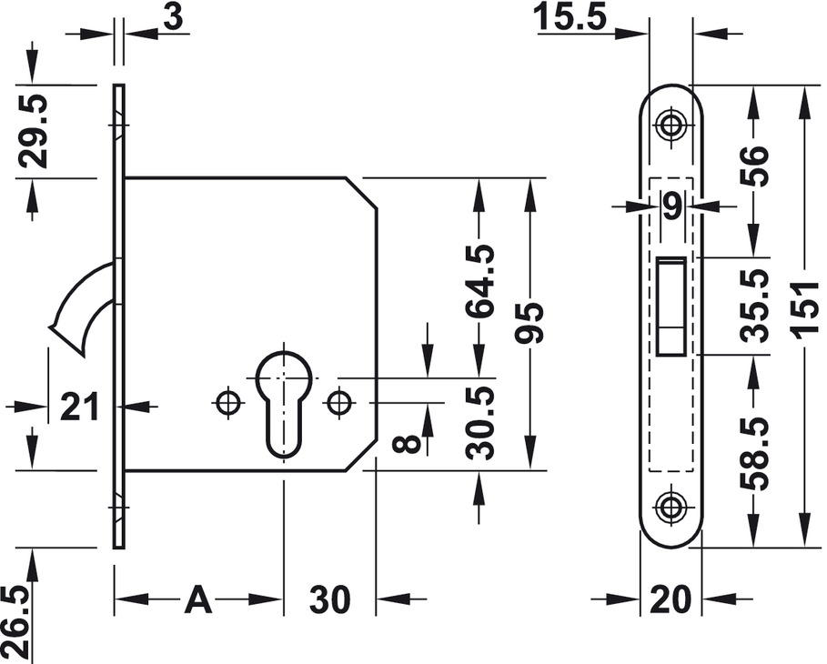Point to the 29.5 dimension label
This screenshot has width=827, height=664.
coord(35,129)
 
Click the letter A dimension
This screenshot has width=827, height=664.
coord(198,599)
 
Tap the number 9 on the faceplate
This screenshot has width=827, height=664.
coord(672,207)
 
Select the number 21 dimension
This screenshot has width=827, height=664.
coord(80,407)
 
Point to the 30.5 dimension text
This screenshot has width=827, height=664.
coord(479,422)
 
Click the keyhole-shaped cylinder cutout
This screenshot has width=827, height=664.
coord(284,396)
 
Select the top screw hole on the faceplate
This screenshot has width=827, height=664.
coord(672,125)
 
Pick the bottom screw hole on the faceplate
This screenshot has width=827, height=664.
coord(672,507)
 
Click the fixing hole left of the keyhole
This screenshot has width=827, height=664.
coord(227,401)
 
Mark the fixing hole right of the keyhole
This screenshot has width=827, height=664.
coord(340,401)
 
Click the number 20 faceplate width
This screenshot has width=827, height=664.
coord(671,599)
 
